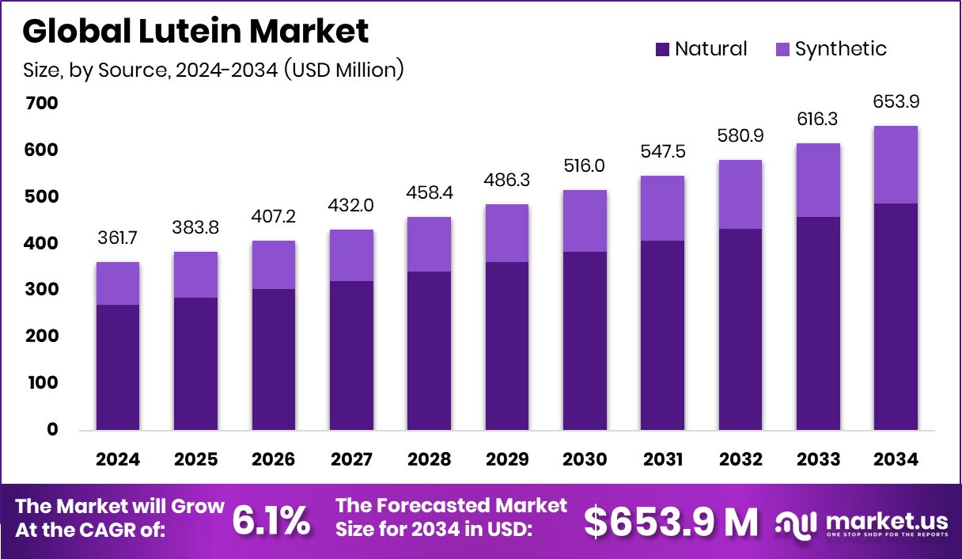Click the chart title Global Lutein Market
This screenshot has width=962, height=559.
tap(195, 32)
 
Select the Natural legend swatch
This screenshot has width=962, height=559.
tap(663, 49)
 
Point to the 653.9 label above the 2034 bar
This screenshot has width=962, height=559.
tap(896, 102)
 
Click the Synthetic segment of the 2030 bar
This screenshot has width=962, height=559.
tap(585, 221)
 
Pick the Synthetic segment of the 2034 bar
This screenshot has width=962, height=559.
tap(896, 165)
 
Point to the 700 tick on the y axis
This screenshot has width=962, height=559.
tap(42, 104)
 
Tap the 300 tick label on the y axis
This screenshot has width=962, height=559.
tap(42, 290)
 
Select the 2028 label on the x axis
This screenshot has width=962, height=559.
tap(430, 460)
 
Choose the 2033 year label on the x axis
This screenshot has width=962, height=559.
tap(818, 460)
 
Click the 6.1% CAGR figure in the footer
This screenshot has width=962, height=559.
tap(271, 521)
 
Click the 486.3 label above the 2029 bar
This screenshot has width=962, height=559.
tap(507, 181)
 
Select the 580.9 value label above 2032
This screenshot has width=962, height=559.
tap(740, 136)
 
